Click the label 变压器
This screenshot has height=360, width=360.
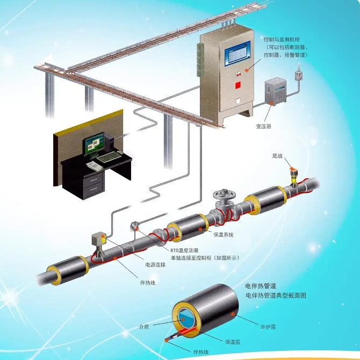tap(264, 126)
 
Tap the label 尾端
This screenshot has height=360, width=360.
tap(277, 156)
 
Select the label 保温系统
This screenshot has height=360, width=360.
tap(224, 235)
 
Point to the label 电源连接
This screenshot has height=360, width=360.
tap(155, 265)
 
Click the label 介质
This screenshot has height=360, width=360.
tap(144, 327)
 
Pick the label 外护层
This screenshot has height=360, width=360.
tap(268, 327)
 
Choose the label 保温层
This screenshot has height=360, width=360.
tap(233, 342)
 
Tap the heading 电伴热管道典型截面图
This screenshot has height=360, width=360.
tap(276, 296)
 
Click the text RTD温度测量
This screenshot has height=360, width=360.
tap(184, 250)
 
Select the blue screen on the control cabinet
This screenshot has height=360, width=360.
tap(238, 54)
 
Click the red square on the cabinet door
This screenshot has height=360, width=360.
tap(238, 85)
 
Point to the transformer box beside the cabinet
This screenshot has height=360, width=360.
tap(276, 91)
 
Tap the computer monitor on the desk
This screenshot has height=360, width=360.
tap(93, 144)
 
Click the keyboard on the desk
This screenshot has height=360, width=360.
tap(109, 156)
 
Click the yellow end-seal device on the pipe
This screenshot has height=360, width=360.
tap(294, 176)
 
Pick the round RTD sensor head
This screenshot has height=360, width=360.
tap(134, 226)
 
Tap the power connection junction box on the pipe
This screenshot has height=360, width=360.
tap(99, 240)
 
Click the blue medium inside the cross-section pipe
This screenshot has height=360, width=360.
tap(186, 319)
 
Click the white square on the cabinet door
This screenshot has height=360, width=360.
tap(238, 101)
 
